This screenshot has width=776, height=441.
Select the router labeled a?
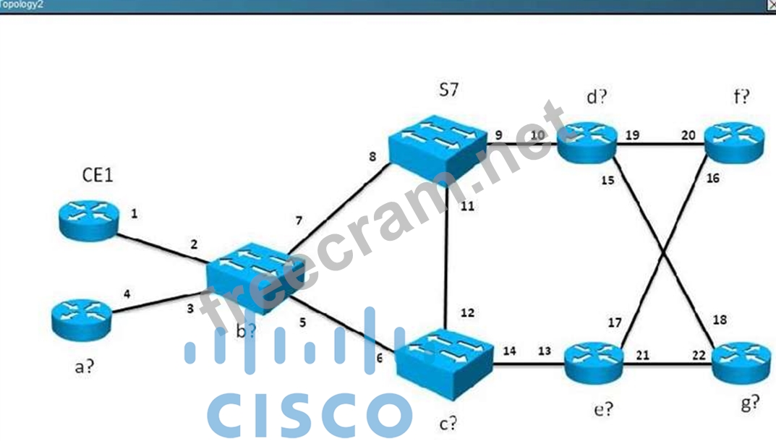point(81,320)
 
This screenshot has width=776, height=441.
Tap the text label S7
point(448,90)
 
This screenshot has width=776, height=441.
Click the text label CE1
point(97,175)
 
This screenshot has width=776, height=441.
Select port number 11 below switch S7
point(467,206)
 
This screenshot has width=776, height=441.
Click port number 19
point(632,135)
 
